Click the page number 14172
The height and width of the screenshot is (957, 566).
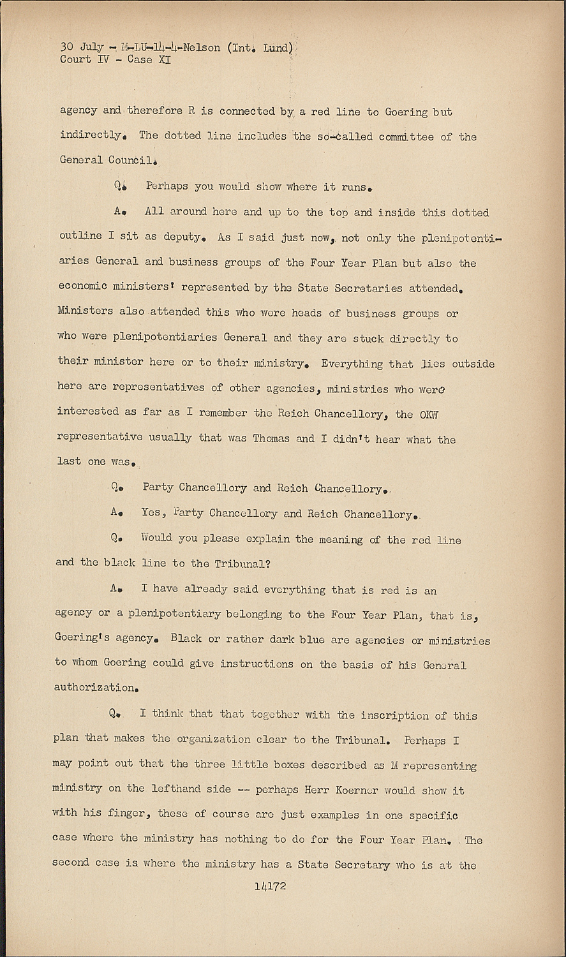(269, 886)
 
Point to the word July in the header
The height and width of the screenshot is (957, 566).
(92, 47)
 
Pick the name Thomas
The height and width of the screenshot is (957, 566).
(271, 438)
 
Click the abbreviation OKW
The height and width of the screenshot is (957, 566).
(429, 415)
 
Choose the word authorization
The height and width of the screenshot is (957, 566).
(95, 688)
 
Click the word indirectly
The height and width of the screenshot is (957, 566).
(91, 135)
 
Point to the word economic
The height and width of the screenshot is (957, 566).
(82, 286)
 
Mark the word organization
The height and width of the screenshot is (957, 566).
(213, 739)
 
